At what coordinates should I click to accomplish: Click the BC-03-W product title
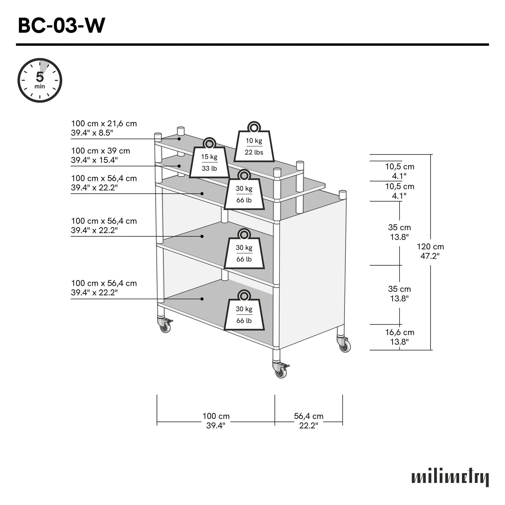[61, 26]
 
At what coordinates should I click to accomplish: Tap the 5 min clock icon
[40, 80]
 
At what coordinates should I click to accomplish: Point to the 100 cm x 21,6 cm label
[104, 128]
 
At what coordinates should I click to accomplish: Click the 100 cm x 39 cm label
[100, 155]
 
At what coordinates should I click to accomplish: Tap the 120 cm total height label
[430, 251]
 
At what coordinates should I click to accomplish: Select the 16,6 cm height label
[399, 337]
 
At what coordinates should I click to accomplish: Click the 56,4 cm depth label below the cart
[309, 420]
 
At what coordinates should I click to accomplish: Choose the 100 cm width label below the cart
[216, 420]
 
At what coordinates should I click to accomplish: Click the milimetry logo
[450, 477]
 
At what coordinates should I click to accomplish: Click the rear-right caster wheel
[345, 346]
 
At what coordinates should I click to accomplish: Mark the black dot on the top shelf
[179, 139]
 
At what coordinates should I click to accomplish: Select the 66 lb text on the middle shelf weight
[244, 259]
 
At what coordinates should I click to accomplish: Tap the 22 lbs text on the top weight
[254, 152]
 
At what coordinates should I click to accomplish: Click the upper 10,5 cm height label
[399, 171]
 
